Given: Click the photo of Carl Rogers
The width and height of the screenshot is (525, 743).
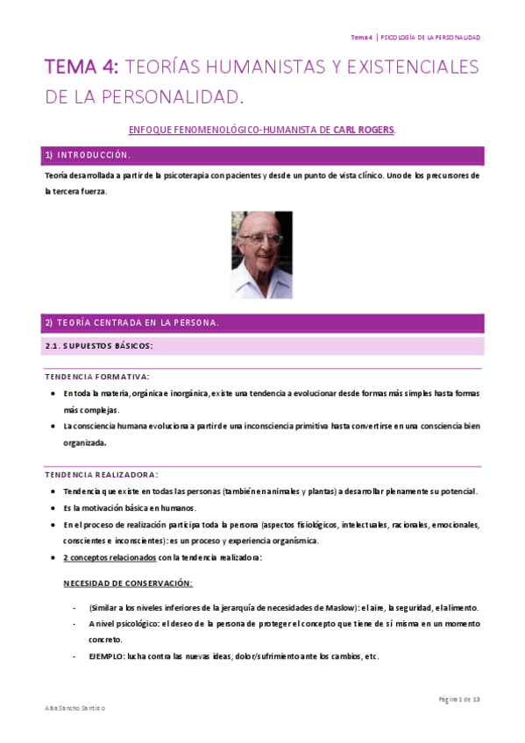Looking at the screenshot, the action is pyautogui.click(x=261, y=254).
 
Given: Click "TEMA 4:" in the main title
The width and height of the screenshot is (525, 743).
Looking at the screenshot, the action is pyautogui.click(x=83, y=67).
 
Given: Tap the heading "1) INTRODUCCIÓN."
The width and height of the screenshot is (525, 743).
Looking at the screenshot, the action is pyautogui.click(x=88, y=155).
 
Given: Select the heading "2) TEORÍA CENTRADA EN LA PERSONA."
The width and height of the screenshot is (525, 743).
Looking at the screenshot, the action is pyautogui.click(x=131, y=322).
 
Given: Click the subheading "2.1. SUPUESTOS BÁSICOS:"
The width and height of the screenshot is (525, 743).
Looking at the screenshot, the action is pyautogui.click(x=99, y=345).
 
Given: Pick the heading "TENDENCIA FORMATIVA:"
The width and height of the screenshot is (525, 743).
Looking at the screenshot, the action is pyautogui.click(x=96, y=377).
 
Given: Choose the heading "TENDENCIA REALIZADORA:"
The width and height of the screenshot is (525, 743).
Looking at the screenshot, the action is pyautogui.click(x=102, y=474).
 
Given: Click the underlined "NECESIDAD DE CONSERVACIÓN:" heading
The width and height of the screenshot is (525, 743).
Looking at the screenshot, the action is pyautogui.click(x=128, y=583).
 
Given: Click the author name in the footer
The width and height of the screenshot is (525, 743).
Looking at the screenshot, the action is pyautogui.click(x=74, y=707).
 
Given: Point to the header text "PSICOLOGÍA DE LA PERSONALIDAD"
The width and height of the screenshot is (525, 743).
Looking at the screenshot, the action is pyautogui.click(x=429, y=37).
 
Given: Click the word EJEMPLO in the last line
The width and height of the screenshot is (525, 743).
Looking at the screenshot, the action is pyautogui.click(x=105, y=656).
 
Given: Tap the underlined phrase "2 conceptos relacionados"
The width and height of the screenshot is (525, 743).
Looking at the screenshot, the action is pyautogui.click(x=110, y=557).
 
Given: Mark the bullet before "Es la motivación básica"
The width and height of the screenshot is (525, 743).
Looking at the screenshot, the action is pyautogui.click(x=55, y=508).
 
